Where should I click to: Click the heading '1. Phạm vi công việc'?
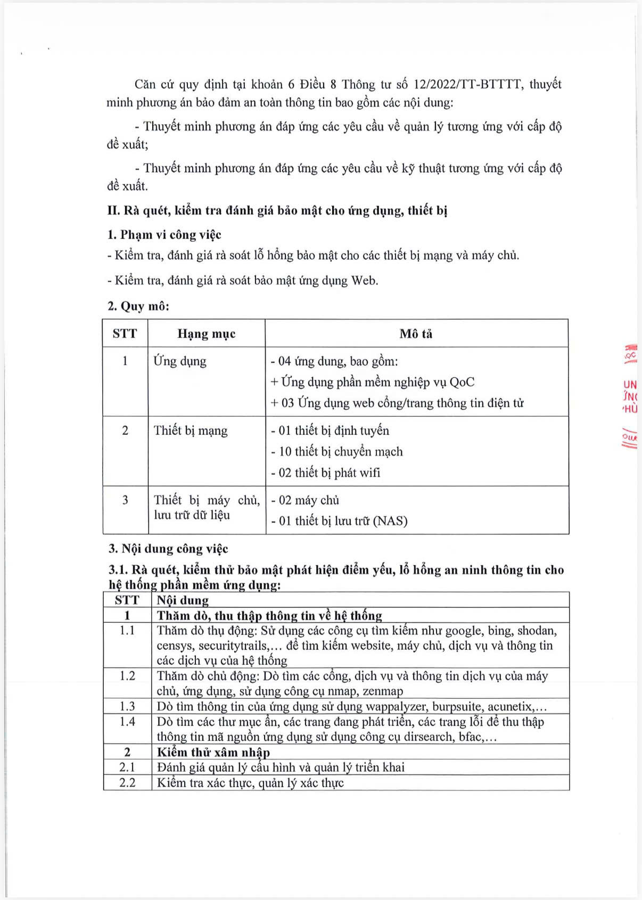pos(164,235)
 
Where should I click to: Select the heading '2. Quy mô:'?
pos(138,306)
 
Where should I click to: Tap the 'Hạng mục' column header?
pos(206,334)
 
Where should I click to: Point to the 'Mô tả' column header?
pos(416,334)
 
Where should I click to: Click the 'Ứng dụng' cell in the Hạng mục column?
pos(179,361)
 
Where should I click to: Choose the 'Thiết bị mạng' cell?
pos(190,431)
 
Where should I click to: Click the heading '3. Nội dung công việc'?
pos(168,549)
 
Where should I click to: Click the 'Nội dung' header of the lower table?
pos(183,600)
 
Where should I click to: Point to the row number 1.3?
pos(127,706)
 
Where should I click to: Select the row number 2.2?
pos(127,782)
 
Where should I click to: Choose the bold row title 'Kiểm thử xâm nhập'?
pos(213,752)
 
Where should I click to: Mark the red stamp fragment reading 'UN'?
pos(630,384)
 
